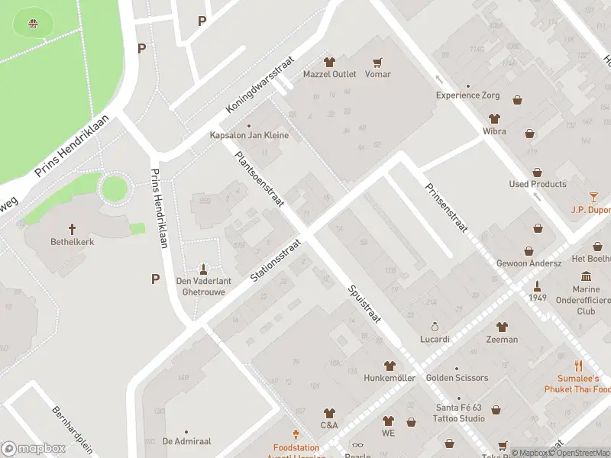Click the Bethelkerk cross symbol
(73, 228)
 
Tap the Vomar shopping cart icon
(377, 63)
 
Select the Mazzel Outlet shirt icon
(329, 63)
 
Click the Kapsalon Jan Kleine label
(249, 136)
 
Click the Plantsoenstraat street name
(260, 179)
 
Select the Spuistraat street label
(364, 303)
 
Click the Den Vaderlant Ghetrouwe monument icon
(203, 268)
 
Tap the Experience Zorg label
(467, 95)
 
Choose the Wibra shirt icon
(494, 119)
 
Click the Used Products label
(538, 184)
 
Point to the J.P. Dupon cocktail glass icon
(593, 197)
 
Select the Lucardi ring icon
(435, 327)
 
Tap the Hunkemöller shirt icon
(390, 366)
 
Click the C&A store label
(329, 425)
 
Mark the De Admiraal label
(186, 441)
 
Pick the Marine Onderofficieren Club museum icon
(586, 276)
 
